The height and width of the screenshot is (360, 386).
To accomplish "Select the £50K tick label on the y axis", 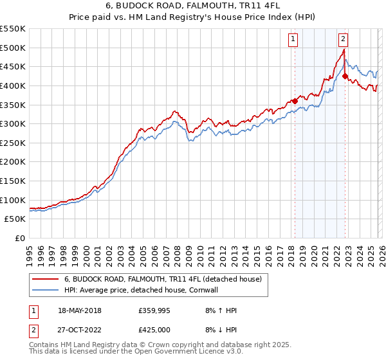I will pos(15,219).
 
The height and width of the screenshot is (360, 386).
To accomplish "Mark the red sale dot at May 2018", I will pos(295,100).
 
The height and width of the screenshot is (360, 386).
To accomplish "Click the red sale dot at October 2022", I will pos(345,76).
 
